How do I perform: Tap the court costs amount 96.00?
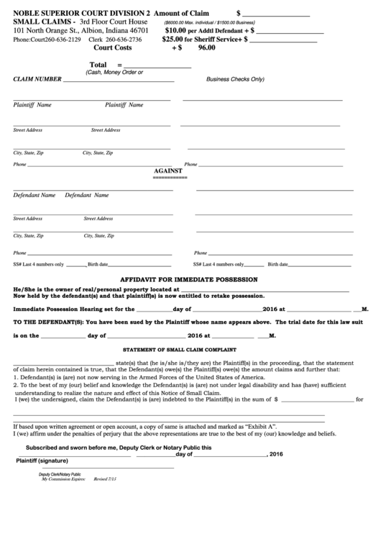206,47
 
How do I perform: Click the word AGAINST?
170,171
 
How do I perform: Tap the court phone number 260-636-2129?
60,40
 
